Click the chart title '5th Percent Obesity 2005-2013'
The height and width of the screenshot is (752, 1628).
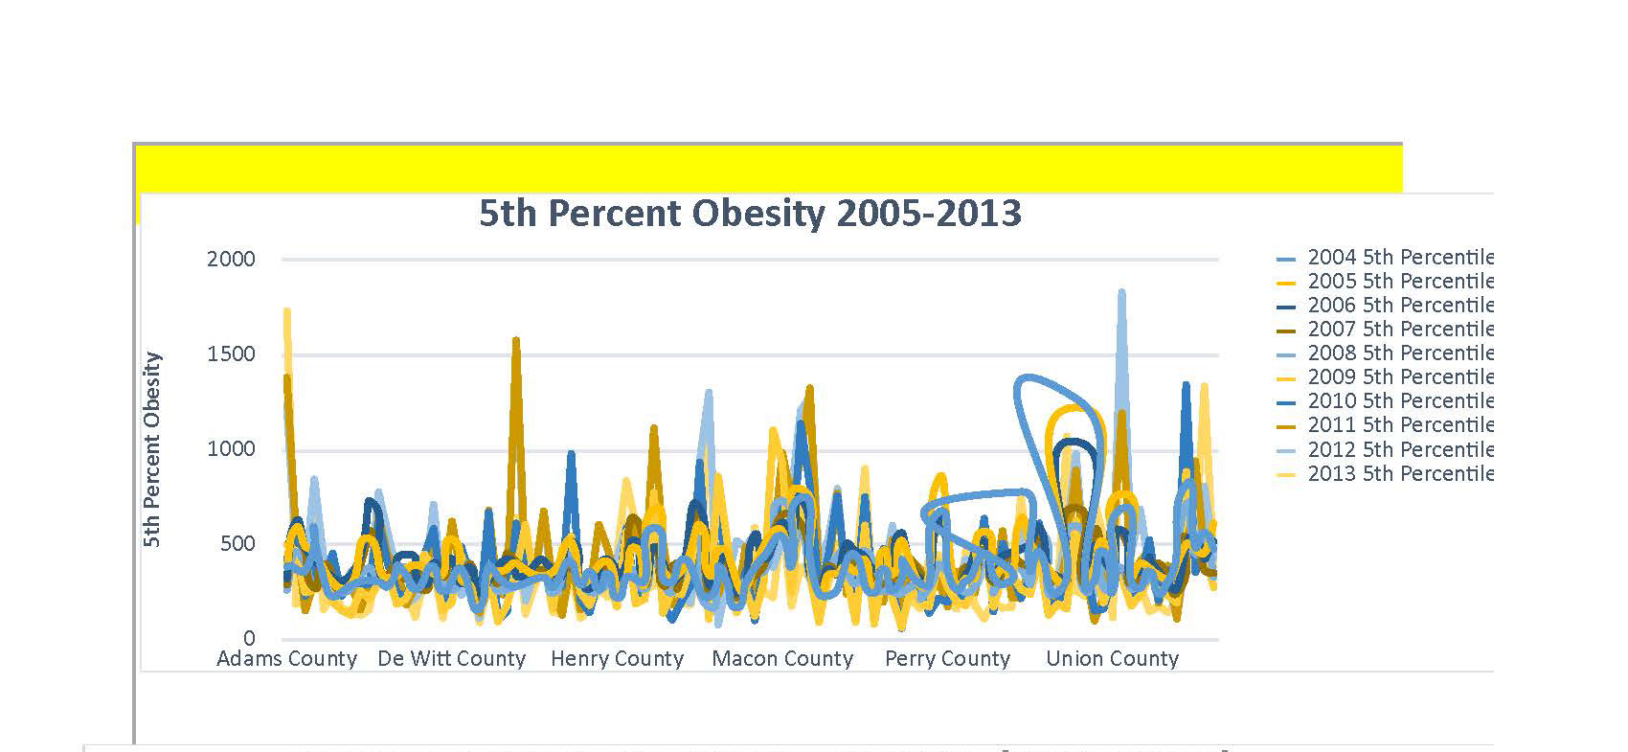(x=750, y=213)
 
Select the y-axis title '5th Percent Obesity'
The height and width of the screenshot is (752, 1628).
(x=152, y=449)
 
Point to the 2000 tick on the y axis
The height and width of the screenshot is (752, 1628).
(x=231, y=259)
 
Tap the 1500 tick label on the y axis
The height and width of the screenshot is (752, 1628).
(x=231, y=353)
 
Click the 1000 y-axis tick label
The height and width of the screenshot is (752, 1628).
(x=231, y=448)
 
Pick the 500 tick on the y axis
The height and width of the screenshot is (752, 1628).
(x=236, y=543)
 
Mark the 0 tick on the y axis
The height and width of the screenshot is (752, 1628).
(x=249, y=638)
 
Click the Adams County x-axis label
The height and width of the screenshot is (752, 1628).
(x=286, y=659)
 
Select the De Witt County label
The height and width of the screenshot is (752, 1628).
(x=451, y=659)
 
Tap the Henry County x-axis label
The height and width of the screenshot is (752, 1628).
(x=617, y=659)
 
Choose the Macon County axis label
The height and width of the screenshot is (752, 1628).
(x=782, y=659)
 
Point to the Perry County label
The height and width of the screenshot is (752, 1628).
(x=947, y=659)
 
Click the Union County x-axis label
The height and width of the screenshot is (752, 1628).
(x=1112, y=659)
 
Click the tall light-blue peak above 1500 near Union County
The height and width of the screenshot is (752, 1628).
(x=1121, y=295)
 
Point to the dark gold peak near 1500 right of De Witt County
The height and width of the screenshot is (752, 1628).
(x=516, y=342)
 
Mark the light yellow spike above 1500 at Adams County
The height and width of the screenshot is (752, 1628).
(x=287, y=312)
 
